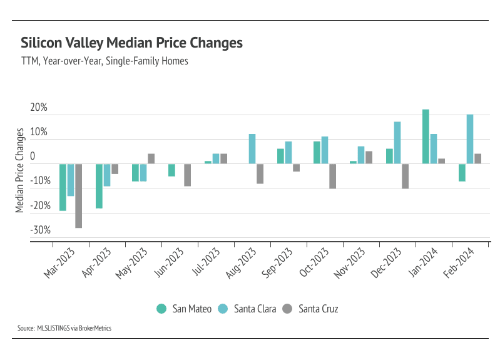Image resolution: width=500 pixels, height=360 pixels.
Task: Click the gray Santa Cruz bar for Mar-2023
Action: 78,195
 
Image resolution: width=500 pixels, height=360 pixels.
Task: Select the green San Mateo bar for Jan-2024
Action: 426,136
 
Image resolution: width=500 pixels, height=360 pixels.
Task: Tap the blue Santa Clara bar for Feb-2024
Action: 470,139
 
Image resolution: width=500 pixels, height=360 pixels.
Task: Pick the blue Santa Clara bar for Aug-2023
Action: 252,149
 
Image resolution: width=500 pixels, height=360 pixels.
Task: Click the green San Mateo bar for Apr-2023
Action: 99,185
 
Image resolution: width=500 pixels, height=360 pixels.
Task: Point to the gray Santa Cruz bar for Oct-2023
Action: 332,176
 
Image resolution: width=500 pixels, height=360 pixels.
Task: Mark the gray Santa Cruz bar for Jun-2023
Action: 187,175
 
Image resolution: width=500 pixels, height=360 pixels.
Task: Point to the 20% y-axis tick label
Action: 39,108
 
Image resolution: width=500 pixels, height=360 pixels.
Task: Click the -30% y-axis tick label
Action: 39,230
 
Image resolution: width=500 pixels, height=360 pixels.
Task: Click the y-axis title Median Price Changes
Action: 20,170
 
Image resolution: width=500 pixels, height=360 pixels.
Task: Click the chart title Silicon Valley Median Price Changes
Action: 131,43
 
